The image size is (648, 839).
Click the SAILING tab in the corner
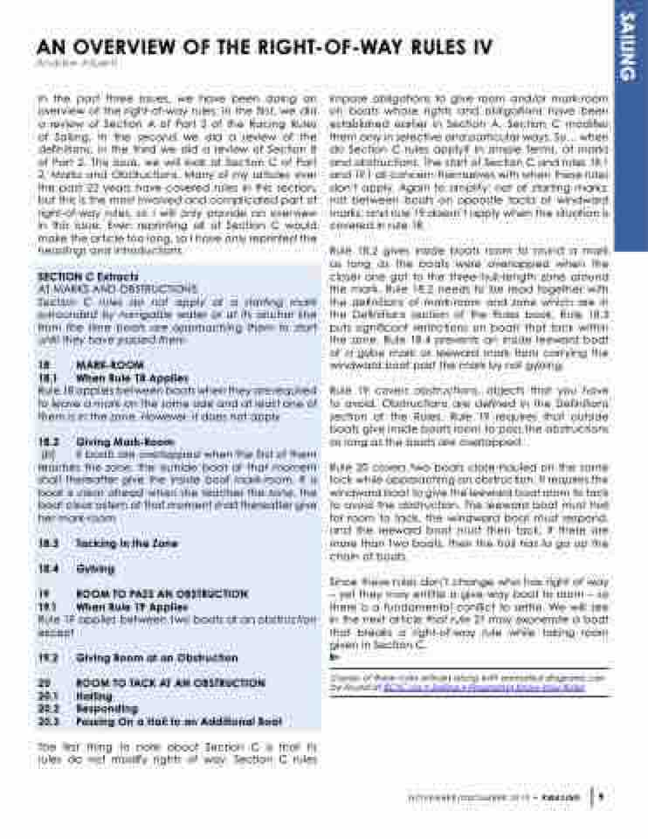click(629, 47)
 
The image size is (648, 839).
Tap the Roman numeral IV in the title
click(479, 47)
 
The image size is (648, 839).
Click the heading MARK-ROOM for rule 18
click(109, 364)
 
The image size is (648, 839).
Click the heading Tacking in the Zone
click(127, 543)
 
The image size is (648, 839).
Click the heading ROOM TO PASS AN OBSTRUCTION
click(162, 593)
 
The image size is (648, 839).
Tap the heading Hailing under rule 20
click(94, 696)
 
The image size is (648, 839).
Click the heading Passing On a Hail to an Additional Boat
click(178, 721)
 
